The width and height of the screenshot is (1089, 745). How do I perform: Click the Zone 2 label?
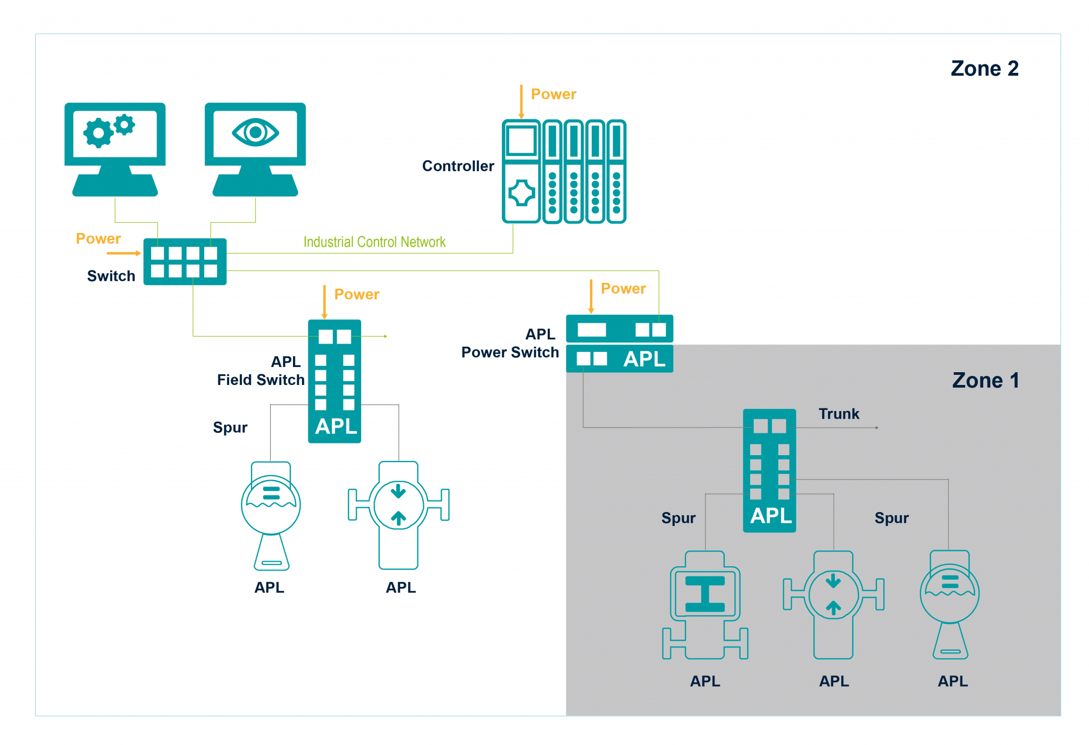click(x=984, y=69)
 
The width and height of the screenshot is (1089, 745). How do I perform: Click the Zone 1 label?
click(x=985, y=380)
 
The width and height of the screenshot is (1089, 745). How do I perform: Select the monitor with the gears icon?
click(x=115, y=149)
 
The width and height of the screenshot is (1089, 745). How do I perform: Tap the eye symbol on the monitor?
click(x=255, y=132)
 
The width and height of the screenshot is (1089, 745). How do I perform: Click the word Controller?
click(x=458, y=166)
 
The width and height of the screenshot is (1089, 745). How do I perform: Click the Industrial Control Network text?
click(x=374, y=242)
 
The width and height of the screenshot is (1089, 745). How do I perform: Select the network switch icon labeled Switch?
click(x=185, y=262)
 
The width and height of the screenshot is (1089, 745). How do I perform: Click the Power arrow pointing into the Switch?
click(x=123, y=253)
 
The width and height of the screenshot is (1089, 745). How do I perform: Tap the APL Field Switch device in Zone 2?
click(x=334, y=381)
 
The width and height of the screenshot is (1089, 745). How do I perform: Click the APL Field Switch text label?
click(x=261, y=371)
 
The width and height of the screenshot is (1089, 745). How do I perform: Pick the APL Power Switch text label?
click(x=510, y=344)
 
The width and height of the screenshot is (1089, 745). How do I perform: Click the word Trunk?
click(x=839, y=414)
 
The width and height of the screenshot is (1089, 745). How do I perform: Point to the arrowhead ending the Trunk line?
click(x=877, y=428)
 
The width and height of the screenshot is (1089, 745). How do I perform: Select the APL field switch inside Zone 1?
click(x=769, y=470)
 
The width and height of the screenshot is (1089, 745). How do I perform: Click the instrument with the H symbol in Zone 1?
click(x=705, y=605)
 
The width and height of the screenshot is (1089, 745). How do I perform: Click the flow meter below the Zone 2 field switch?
click(x=398, y=515)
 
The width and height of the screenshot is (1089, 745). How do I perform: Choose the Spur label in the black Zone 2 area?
click(x=230, y=428)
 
